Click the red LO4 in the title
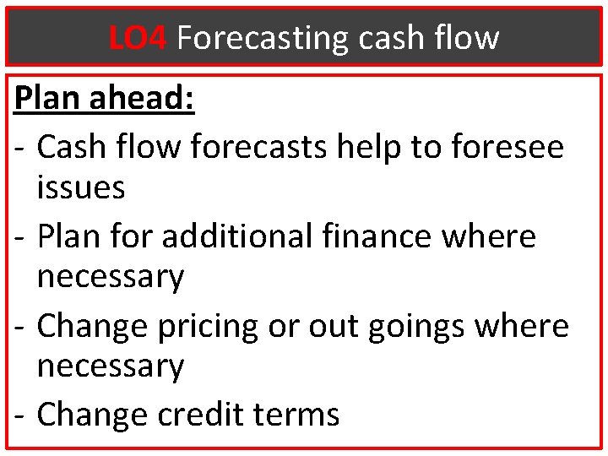(x=138, y=37)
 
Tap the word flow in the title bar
(x=470, y=37)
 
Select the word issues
(x=81, y=187)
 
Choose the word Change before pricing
(x=87, y=326)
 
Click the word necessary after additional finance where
(x=111, y=277)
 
